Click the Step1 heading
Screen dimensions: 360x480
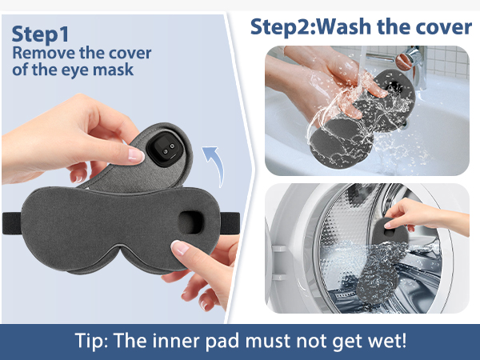coord(41,35)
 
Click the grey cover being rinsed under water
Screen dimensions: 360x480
coord(364,128)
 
